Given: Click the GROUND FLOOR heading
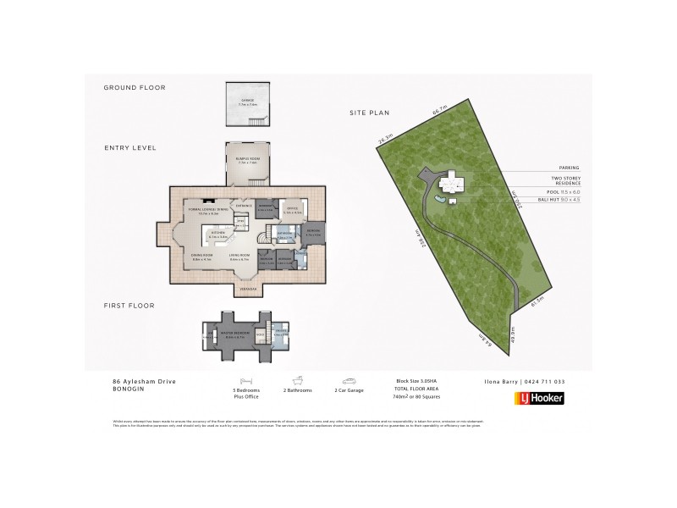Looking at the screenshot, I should (x=135, y=87).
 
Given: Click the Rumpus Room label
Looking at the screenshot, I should (x=248, y=159).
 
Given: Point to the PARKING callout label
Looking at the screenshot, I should (x=568, y=168).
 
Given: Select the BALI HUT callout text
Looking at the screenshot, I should (x=562, y=200).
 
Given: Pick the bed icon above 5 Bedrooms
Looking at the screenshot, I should (x=245, y=382).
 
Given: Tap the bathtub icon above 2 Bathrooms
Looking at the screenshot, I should (x=298, y=382).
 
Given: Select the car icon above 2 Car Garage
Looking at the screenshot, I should (x=349, y=382).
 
